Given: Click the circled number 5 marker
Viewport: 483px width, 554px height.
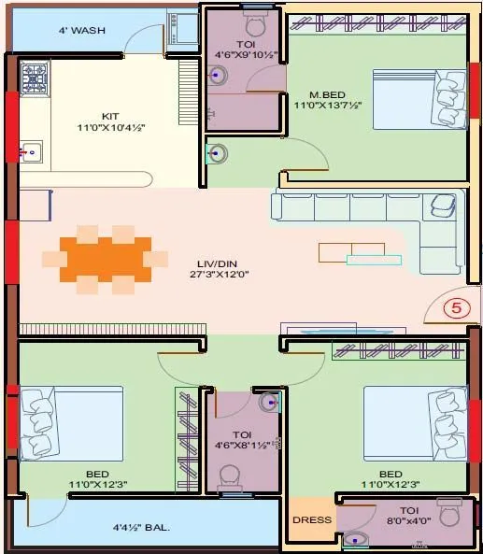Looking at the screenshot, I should pos(456,308).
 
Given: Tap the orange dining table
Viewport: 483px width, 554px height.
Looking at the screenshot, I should pos(105,254).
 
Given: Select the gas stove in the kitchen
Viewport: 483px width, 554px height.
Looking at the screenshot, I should pos(36,78).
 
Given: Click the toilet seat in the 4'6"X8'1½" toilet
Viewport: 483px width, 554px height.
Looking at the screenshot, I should pos(230,478).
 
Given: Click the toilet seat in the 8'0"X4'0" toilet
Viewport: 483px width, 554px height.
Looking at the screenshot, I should pos(449,513).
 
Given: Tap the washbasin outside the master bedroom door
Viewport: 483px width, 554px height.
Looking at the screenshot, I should pos(218,151).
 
